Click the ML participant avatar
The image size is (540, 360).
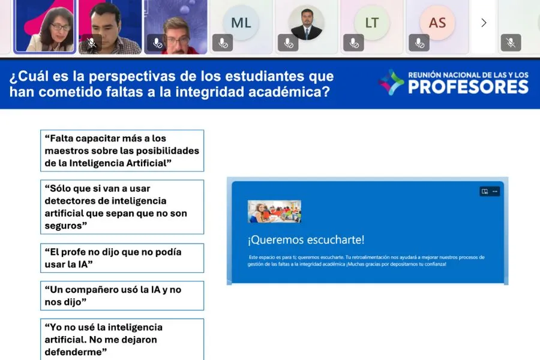click(x=241, y=23)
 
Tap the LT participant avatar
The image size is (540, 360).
click(x=371, y=23)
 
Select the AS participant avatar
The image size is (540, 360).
click(x=437, y=23)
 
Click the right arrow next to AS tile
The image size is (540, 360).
click(x=484, y=23)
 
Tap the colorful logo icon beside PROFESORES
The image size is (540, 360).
click(x=391, y=82)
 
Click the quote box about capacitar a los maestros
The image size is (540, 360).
click(x=122, y=151)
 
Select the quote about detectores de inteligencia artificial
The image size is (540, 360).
click(x=122, y=207)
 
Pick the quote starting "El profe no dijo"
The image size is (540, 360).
click(x=122, y=258)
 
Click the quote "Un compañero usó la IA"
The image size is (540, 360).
click(x=122, y=296)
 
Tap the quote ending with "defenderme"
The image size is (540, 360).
click(x=122, y=339)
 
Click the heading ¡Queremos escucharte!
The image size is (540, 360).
click(x=306, y=240)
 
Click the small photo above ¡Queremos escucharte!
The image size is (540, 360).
click(x=274, y=212)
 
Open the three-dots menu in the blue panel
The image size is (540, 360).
click(x=495, y=191)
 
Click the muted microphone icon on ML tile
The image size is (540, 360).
click(x=222, y=43)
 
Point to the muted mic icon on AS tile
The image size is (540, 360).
click(x=419, y=43)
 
